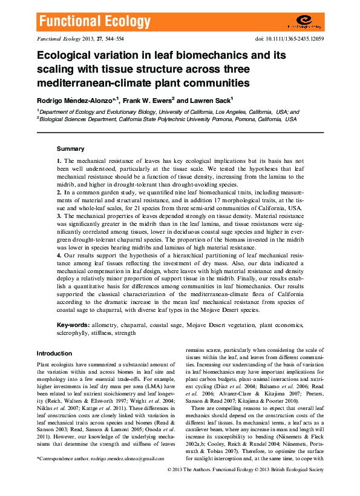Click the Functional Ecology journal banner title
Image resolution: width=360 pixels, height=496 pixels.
[x=95, y=22]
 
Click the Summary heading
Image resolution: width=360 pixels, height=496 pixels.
[x=70, y=148]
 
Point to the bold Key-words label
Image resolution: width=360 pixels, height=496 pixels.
[x=69, y=325]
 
